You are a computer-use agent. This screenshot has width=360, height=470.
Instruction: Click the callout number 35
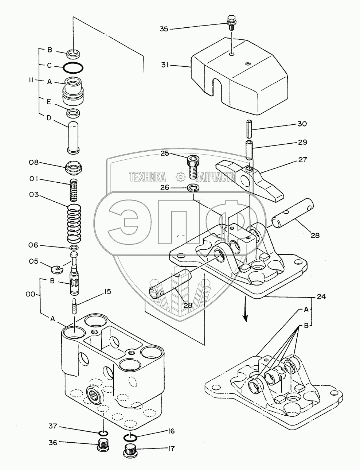164,28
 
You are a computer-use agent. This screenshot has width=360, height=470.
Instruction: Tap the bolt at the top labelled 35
231,21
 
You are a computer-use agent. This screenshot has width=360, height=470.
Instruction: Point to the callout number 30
302,124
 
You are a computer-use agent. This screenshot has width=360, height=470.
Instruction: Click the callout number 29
302,142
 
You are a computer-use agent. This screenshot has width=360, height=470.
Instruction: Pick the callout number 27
302,160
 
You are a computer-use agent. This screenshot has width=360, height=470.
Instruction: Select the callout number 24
321,296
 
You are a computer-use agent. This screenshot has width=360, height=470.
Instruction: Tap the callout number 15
97,292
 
